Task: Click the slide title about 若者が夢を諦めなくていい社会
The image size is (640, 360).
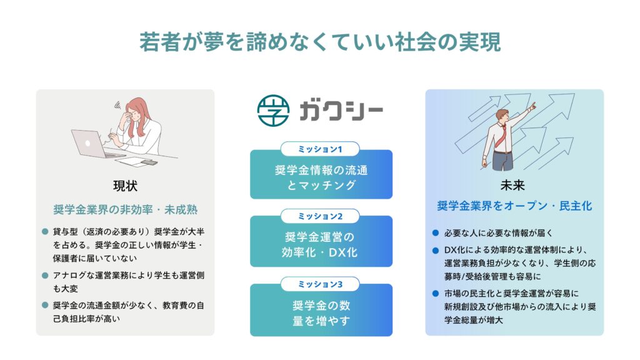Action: (320, 42)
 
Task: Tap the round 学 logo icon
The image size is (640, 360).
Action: (273, 110)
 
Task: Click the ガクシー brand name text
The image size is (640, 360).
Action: (341, 111)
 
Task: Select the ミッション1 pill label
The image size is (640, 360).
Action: (320, 149)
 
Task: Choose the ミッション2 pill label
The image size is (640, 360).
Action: (320, 216)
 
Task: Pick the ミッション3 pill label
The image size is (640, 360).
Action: (320, 284)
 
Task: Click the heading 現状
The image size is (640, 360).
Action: (125, 186)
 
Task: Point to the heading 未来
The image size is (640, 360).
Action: (512, 186)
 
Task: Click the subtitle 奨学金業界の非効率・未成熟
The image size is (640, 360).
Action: (125, 210)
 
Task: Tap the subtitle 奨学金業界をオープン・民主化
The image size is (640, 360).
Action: (514, 206)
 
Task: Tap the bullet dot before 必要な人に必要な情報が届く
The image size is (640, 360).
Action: (436, 233)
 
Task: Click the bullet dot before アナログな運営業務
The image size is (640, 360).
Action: (45, 276)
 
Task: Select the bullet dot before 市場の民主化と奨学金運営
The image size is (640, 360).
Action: (436, 294)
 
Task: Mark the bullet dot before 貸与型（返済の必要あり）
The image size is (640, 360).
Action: (45, 232)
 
